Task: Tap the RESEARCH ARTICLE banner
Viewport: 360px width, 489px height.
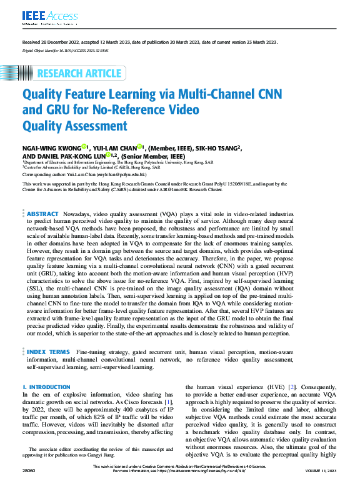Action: (x=79, y=74)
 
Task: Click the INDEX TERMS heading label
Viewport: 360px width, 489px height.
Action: (x=47, y=352)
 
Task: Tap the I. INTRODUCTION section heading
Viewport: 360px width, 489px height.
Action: (x=47, y=387)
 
